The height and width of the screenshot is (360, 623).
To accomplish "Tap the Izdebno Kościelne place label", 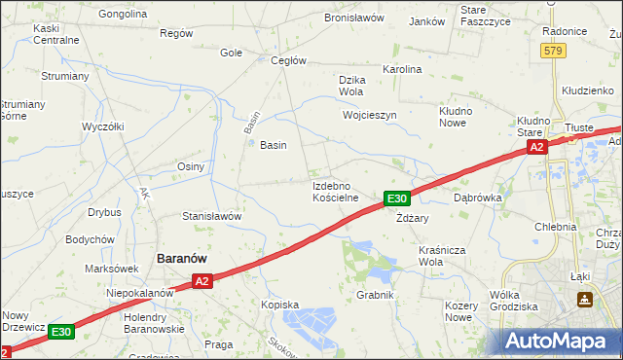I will click(336, 191).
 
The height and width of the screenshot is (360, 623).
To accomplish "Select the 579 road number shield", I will click(554, 51).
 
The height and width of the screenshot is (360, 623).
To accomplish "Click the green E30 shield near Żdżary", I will click(395, 198).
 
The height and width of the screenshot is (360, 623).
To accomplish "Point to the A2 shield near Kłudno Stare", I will click(536, 147).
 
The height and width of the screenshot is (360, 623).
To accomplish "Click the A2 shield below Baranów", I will click(202, 281).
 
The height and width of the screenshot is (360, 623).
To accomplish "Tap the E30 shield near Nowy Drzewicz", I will click(61, 332).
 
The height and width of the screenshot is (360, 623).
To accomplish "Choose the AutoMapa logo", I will click(562, 341).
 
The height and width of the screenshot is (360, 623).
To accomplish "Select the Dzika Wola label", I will click(350, 87).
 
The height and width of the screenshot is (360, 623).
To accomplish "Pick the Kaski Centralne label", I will click(55, 34).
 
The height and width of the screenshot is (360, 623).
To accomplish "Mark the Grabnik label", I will click(374, 295).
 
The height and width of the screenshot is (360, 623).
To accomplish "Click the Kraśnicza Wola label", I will click(443, 257).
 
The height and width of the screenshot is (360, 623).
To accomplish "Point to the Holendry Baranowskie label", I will click(154, 323).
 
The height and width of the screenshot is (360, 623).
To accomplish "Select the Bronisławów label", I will click(354, 18).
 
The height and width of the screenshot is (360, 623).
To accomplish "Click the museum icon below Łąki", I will click(584, 301).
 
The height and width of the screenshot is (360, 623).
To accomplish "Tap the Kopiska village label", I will click(279, 305).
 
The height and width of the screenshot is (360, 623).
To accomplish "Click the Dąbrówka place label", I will click(477, 197).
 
